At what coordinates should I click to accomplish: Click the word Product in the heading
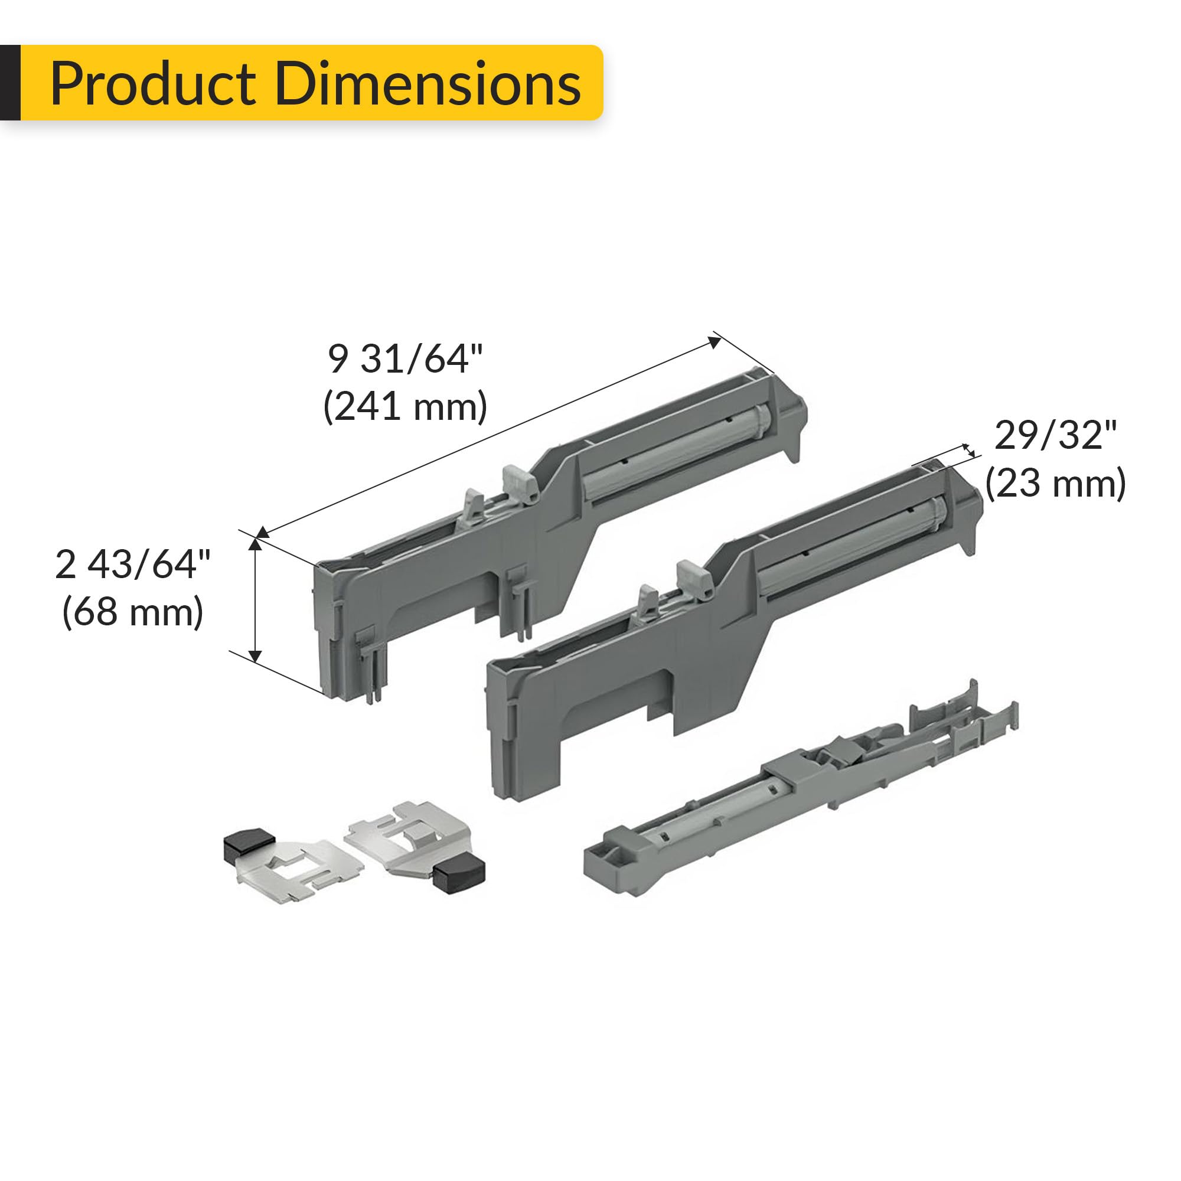[x=153, y=84]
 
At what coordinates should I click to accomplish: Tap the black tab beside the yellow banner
[x=10, y=83]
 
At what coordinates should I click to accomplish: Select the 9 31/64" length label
[x=405, y=359]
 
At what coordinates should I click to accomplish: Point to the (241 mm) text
[x=405, y=406]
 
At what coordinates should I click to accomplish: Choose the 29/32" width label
[x=1056, y=436]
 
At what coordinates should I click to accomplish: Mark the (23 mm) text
[x=1056, y=484]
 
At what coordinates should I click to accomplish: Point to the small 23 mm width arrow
[x=969, y=451]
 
